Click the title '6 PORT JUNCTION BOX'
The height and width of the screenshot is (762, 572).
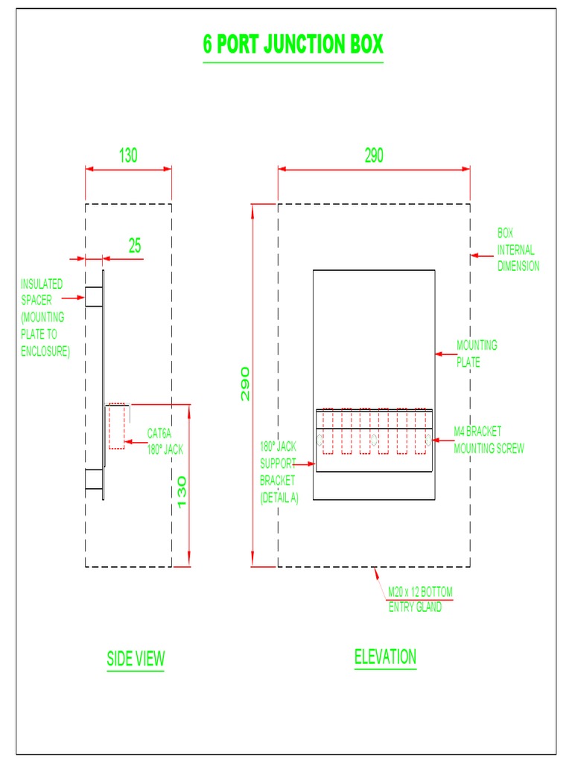(293, 45)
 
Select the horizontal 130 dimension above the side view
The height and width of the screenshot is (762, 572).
(128, 156)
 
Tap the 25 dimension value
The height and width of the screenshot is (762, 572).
(134, 246)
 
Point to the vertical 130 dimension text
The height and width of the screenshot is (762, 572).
(181, 492)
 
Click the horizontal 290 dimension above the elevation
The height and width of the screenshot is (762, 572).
(374, 156)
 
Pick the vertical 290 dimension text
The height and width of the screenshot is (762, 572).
(245, 384)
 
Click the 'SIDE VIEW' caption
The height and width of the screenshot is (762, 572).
(136, 659)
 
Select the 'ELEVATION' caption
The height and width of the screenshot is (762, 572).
(385, 657)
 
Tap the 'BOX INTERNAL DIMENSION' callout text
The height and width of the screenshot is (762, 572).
(518, 249)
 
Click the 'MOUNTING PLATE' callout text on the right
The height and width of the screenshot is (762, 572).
(476, 354)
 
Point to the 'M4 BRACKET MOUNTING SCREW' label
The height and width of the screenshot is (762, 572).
(488, 441)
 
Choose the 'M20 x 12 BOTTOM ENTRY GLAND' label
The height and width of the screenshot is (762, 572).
(419, 599)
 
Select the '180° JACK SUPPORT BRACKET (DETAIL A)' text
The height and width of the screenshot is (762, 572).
(279, 473)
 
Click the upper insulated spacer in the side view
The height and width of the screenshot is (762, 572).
(94, 297)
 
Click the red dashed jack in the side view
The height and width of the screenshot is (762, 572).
(116, 426)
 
